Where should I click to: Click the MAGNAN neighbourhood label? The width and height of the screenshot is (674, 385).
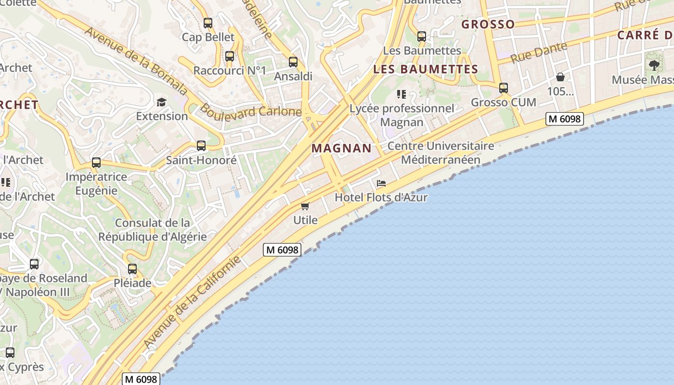[x=341, y=148]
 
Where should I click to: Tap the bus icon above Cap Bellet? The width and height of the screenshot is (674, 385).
[x=208, y=23]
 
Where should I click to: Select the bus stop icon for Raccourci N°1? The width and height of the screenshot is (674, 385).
[x=230, y=56]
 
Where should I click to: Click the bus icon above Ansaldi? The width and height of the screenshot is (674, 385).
[x=293, y=62]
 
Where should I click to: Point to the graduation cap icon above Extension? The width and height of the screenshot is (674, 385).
[x=161, y=102]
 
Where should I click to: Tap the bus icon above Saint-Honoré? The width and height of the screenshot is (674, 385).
[x=201, y=145]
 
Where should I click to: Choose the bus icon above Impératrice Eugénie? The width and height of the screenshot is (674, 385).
[x=96, y=163]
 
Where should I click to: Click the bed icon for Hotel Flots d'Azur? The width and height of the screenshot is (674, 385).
[x=381, y=183]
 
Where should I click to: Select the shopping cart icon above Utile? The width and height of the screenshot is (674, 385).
[x=305, y=206]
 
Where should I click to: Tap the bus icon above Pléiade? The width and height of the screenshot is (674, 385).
[x=132, y=269]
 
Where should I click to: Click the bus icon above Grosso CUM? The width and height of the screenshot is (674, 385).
[x=503, y=88]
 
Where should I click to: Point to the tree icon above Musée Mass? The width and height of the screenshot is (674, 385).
[x=653, y=65]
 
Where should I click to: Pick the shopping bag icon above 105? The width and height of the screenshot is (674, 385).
[x=560, y=77]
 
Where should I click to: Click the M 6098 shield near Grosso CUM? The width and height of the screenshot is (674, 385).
[x=564, y=119]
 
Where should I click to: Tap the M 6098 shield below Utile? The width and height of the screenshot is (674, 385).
[x=282, y=250]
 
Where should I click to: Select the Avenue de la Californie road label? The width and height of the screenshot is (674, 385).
[x=193, y=302]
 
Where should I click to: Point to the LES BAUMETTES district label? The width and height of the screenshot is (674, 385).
[x=426, y=69]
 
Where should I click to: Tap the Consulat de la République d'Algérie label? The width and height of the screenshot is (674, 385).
[x=153, y=230]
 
